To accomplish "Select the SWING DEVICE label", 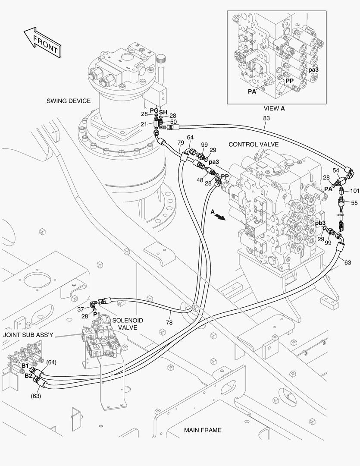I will click(69, 101).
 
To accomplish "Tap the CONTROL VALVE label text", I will click(254, 144).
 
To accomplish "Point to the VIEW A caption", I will click(274, 109).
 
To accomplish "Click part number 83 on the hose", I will click(266, 118).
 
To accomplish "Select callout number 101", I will click(354, 190).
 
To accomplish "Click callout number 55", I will click(354, 202).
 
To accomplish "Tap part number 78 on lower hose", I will click(169, 322).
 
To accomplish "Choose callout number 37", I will click(81, 309).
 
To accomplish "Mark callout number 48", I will click(200, 180).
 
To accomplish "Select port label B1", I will click(25, 365).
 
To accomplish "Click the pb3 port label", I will click(320, 223).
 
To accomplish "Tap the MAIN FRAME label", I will click(203, 430).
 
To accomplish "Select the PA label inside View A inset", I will click(252, 91).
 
